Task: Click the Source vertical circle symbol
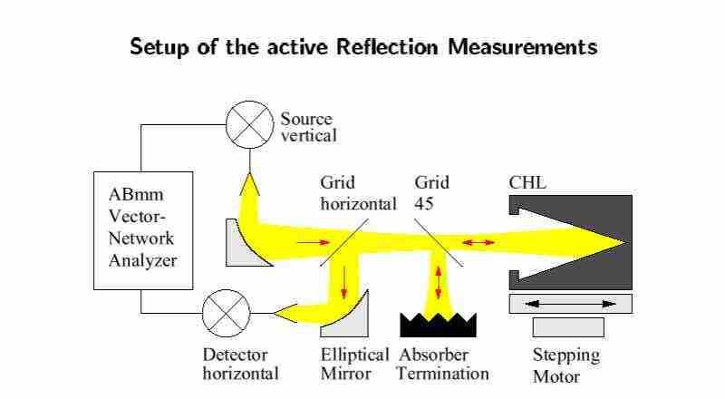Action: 249,124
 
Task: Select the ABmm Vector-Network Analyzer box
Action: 144,230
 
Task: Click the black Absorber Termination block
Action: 439,325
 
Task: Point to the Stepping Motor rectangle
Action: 567,326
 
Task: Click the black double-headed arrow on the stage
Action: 571,303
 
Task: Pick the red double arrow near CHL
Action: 479,242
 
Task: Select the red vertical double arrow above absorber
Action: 440,280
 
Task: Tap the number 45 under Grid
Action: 423,204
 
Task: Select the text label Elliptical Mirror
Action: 354,364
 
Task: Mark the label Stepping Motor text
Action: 565,365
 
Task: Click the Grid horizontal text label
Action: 358,193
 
